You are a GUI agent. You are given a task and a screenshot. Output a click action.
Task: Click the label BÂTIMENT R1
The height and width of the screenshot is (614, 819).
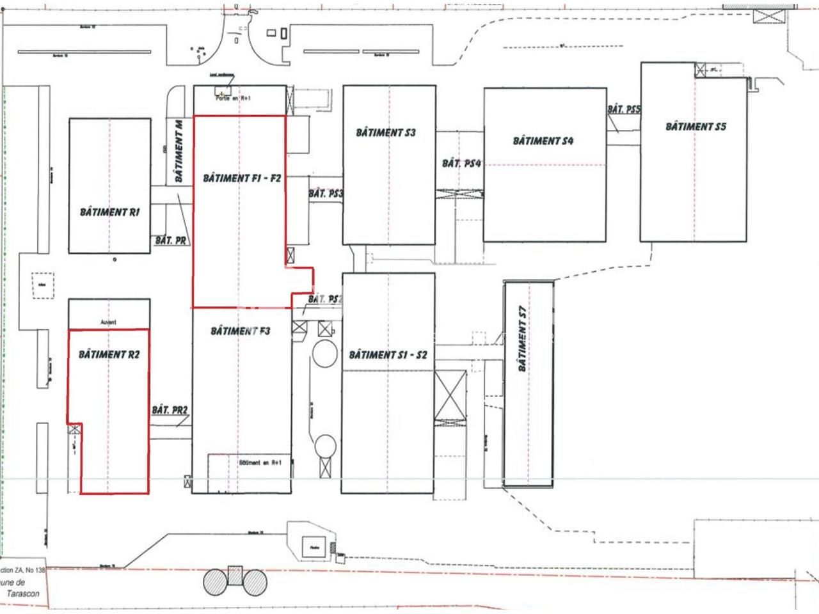pos(109,212)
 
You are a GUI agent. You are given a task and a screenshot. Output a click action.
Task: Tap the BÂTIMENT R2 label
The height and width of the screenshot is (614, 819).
pos(109,354)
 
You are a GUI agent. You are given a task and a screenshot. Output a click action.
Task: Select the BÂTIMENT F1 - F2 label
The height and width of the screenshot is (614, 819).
pos(242,178)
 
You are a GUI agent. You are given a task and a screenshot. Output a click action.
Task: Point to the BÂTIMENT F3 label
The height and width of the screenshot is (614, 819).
pos(240,331)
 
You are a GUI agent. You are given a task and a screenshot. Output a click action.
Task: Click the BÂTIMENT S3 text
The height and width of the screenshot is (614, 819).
pos(386,132)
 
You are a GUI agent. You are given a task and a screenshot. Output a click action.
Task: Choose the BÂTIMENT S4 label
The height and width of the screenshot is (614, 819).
pos(543,141)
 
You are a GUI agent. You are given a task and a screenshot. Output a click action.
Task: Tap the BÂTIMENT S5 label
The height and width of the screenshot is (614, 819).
pos(696,127)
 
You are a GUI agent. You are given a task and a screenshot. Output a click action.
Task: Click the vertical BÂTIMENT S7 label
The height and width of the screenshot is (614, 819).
pos(523,339)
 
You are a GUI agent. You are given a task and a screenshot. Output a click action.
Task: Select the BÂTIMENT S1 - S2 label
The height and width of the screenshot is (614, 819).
pos(388,355)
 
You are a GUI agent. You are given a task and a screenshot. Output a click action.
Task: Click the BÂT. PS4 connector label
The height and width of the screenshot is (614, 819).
pos(461,164)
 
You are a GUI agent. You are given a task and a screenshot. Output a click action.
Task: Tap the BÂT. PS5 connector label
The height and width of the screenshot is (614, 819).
pos(624,109)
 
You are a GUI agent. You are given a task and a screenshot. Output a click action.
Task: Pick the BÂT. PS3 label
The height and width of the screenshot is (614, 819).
pos(326,194)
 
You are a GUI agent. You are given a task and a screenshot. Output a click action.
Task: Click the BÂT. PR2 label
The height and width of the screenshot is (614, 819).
pos(170,409)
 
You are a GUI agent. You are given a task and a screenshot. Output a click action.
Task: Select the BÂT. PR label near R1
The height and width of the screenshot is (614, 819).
pos(171,241)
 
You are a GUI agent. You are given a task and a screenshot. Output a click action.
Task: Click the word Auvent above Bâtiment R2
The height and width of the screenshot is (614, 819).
pos(109,323)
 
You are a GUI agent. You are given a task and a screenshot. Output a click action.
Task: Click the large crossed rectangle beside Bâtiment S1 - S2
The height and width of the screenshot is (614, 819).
pos(450,395)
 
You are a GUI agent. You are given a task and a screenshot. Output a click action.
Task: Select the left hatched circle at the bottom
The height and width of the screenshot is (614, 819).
pos(216,582)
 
